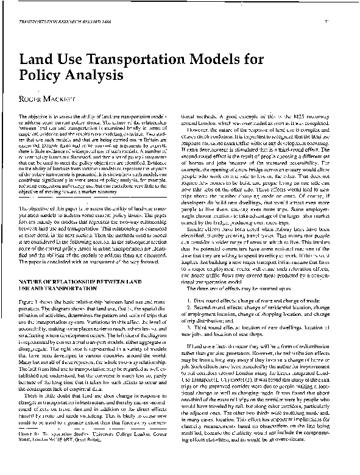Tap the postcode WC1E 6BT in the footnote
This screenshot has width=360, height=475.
click(x=69, y=454)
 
